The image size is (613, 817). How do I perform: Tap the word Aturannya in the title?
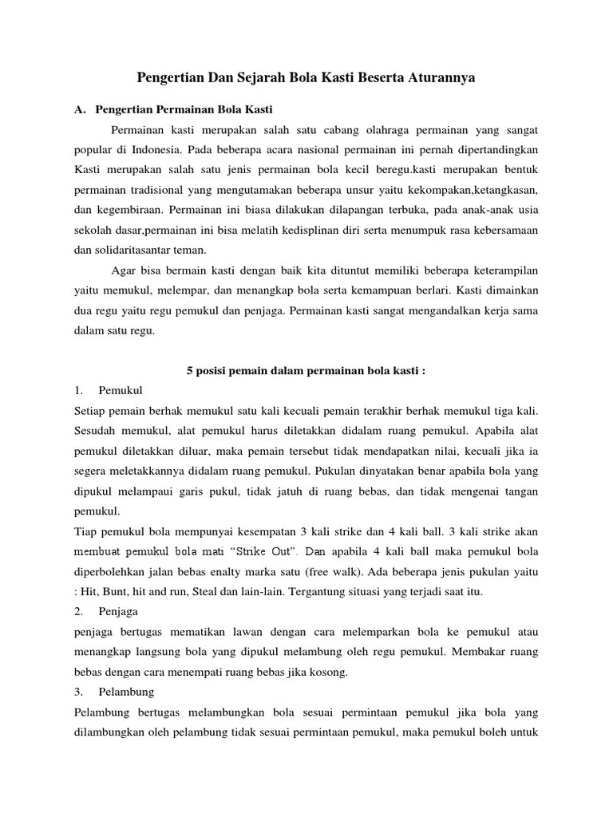click(438, 78)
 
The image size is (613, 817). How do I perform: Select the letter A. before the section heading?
click(79, 109)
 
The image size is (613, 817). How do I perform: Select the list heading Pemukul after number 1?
click(121, 390)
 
